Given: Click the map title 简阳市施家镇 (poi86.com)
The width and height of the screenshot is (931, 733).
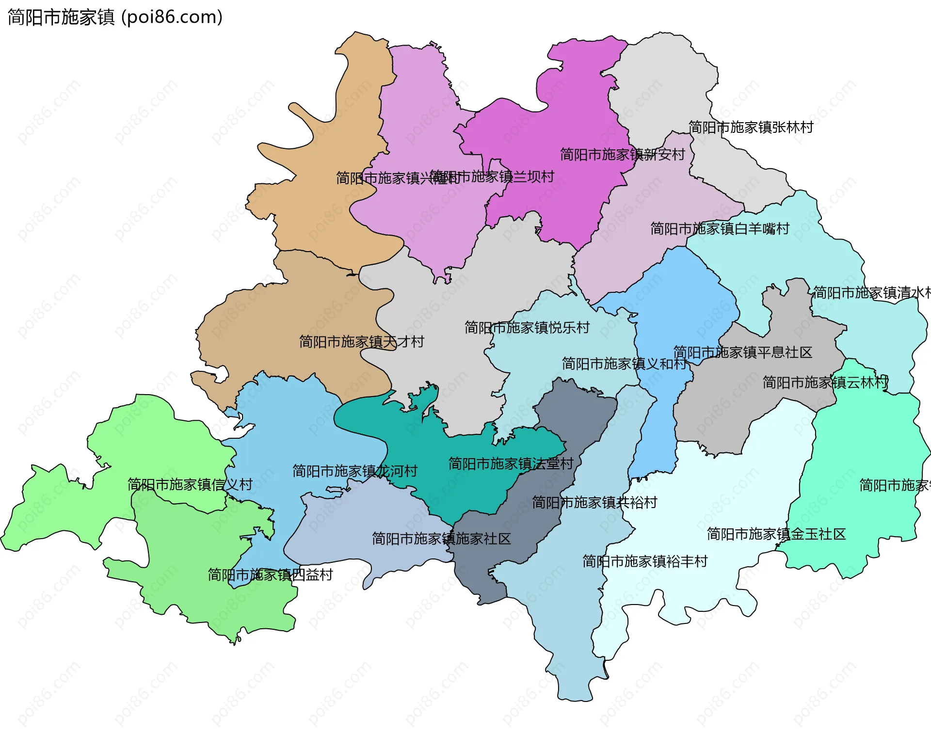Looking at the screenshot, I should (115, 17).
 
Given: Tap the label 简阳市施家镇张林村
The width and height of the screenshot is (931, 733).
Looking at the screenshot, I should (751, 127).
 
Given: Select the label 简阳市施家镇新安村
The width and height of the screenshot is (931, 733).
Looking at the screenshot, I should (622, 155).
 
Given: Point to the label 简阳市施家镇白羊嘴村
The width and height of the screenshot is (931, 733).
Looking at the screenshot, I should (720, 229).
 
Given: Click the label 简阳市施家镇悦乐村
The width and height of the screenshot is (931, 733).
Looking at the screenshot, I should (527, 328).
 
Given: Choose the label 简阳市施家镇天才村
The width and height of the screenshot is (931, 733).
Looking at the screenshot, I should (361, 342).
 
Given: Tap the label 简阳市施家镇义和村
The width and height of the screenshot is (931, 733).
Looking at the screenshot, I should (624, 364).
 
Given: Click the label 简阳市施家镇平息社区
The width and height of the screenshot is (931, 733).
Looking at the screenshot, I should (742, 352).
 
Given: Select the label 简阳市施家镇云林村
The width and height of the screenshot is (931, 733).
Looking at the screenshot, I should (825, 382).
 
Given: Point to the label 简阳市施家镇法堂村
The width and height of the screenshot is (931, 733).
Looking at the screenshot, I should (511, 464).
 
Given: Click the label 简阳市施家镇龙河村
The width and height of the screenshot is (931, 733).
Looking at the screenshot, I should (354, 471).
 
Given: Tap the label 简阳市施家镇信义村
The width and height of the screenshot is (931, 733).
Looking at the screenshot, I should (190, 484).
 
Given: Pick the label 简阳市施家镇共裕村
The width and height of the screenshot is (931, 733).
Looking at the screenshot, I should (594, 502).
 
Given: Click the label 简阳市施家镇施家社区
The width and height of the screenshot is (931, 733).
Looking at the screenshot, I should (441, 539).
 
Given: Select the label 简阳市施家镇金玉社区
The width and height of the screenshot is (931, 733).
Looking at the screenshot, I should (776, 534).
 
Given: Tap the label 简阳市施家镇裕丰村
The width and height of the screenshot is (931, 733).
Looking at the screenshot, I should (644, 561).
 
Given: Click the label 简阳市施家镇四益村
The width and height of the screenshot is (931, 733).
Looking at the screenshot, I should (270, 575).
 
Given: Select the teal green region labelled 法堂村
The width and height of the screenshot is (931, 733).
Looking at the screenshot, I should (465, 490).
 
